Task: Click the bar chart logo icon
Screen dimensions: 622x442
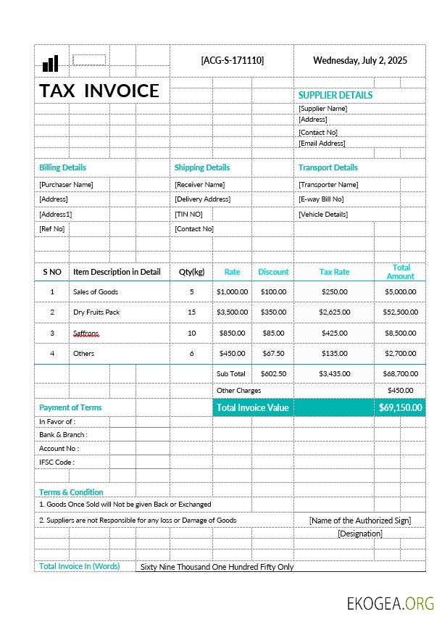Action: (x=50, y=64)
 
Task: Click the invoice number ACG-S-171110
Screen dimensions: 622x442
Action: (x=232, y=60)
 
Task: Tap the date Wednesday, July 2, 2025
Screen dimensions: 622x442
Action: (x=359, y=60)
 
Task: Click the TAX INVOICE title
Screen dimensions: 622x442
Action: (x=99, y=91)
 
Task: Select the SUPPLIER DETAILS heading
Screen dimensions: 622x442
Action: (x=335, y=95)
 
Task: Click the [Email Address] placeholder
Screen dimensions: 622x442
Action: (x=322, y=144)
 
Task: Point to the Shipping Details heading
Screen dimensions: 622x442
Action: (x=202, y=167)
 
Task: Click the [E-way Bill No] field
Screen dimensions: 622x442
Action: (x=321, y=199)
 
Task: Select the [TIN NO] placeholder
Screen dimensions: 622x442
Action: (x=188, y=215)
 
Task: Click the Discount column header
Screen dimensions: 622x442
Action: (x=273, y=272)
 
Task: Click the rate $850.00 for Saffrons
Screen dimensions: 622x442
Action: (x=232, y=333)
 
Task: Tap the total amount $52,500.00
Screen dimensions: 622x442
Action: (x=400, y=312)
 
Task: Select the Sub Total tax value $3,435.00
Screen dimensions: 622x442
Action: (x=334, y=374)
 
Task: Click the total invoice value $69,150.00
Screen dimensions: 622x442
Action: (x=400, y=407)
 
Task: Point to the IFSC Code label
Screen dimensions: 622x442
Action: (x=57, y=463)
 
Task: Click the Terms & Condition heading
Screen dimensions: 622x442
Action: (x=71, y=492)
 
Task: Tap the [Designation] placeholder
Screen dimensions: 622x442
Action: (x=359, y=534)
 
